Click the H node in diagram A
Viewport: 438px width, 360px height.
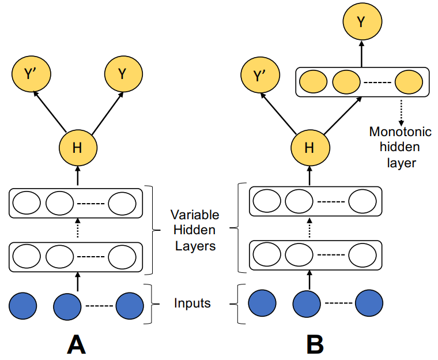(78, 148)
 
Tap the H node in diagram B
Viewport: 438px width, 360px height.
(310, 148)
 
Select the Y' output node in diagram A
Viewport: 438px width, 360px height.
(31, 73)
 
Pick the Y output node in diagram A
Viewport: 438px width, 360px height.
(123, 74)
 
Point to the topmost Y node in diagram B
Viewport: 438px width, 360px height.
(363, 21)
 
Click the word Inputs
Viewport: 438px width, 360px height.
(192, 303)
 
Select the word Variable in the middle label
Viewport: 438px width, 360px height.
(195, 215)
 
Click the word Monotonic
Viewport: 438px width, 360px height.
(401, 132)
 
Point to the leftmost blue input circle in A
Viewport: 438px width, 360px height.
(23, 306)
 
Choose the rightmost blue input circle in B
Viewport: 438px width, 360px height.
(369, 303)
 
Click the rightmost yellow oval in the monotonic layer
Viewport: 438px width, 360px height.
(409, 82)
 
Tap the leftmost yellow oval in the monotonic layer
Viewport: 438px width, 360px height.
(313, 82)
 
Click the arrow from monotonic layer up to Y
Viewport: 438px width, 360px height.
(362, 54)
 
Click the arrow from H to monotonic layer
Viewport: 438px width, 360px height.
(343, 115)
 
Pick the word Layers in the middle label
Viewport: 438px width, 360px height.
(195, 246)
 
